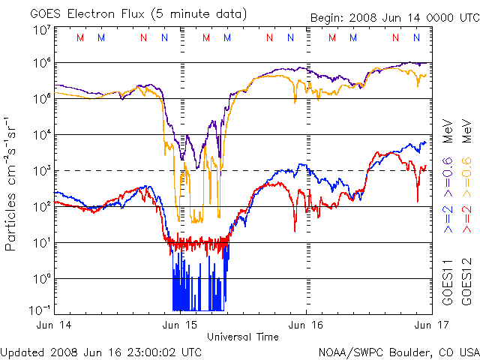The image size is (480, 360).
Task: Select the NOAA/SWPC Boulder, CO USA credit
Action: pyautogui.click(x=398, y=352)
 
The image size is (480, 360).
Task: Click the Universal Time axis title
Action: pyautogui.click(x=243, y=337)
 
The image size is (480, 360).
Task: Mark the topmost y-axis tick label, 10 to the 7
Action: pyautogui.click(x=41, y=29)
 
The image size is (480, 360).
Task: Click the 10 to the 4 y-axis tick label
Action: pyautogui.click(x=41, y=134)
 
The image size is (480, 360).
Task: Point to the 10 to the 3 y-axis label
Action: pyautogui.click(x=41, y=170)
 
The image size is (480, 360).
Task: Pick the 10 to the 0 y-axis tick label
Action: pyautogui.click(x=41, y=278)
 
